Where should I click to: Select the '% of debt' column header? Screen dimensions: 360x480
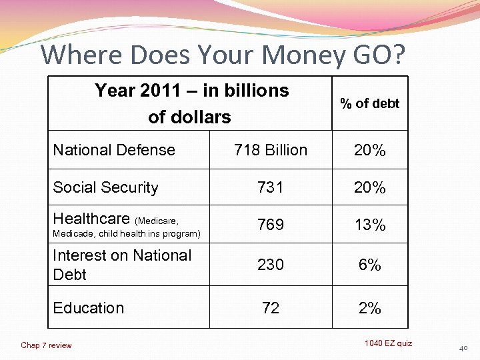(369, 103)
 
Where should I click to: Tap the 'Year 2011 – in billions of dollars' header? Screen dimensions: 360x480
(191, 103)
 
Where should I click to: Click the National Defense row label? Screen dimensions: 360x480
(114, 150)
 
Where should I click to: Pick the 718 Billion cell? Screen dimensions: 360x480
(271, 150)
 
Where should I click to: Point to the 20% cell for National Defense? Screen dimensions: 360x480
(369, 151)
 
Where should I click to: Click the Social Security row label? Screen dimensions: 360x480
(105, 188)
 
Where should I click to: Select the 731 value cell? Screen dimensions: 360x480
(271, 188)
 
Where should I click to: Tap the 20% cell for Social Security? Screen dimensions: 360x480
(369, 188)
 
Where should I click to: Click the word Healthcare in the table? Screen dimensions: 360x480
(91, 219)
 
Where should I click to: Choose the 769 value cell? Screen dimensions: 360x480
(271, 225)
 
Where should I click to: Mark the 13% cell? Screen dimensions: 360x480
(369, 225)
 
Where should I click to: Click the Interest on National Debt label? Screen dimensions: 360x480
(122, 265)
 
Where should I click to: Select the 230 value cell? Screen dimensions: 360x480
(271, 265)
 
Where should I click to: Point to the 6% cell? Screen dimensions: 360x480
(369, 265)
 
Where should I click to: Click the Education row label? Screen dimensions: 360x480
(89, 308)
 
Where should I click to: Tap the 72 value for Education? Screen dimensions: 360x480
(271, 308)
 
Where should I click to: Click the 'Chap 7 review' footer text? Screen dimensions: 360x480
(46, 345)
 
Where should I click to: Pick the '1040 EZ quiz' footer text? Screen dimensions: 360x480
(388, 343)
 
